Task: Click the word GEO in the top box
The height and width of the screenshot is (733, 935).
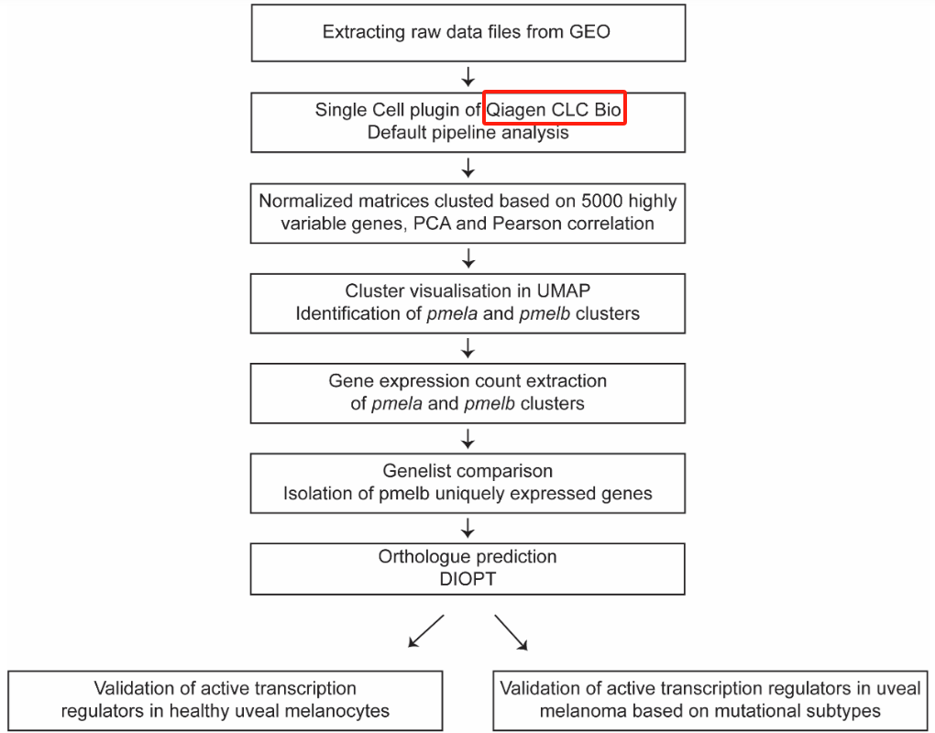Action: pyautogui.click(x=589, y=31)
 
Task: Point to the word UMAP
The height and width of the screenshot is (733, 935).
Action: pyautogui.click(x=564, y=290)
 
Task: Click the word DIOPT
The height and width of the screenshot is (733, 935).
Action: pyautogui.click(x=467, y=579)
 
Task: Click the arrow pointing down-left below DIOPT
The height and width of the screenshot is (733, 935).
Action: pyautogui.click(x=425, y=631)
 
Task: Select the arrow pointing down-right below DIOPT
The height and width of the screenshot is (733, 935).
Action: pyautogui.click(x=511, y=632)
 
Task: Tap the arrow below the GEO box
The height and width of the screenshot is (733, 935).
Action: pyautogui.click(x=468, y=77)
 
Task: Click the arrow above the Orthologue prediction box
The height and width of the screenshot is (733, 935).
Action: pyautogui.click(x=468, y=528)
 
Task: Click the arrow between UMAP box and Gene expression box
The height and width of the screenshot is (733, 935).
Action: pyautogui.click(x=468, y=348)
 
